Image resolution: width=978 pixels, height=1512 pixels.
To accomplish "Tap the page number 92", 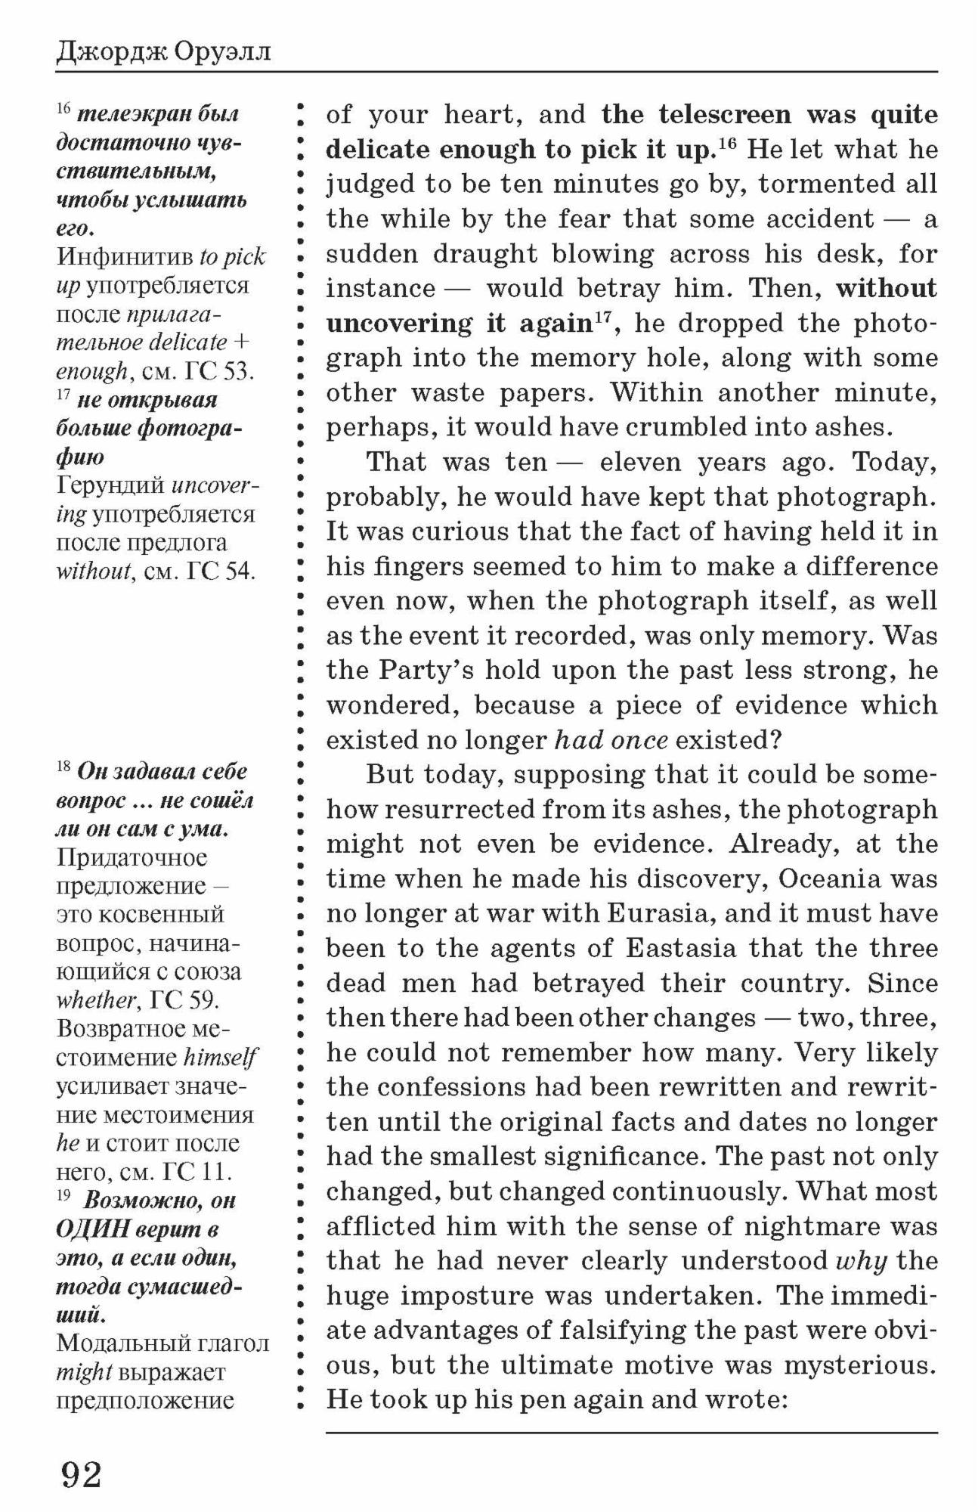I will click(x=82, y=1473).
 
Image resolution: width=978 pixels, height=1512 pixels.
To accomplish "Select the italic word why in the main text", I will click(x=860, y=1262).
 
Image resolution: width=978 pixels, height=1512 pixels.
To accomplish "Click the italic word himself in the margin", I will click(x=220, y=1058).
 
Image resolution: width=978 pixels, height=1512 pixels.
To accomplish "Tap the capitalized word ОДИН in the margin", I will click(x=92, y=1229).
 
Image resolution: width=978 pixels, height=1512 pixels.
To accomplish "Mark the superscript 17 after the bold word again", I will click(x=602, y=318).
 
